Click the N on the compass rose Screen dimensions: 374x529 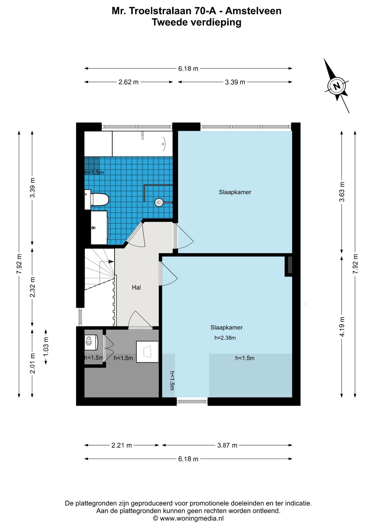[337, 86]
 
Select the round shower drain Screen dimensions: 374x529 [159, 203]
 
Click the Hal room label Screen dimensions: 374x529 [136, 287]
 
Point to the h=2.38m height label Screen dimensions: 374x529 [225, 338]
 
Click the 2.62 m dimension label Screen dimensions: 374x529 [128, 82]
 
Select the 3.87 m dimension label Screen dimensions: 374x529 [227, 445]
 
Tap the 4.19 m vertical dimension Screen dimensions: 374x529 [342, 326]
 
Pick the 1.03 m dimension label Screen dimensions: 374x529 [46, 346]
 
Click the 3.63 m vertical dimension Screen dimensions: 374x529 [342, 192]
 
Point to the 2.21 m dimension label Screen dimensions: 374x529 [121, 445]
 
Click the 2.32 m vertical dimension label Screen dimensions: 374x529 [32, 287]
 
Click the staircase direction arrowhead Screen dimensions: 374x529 [111, 261]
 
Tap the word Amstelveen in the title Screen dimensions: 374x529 [253, 11]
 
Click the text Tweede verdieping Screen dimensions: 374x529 [197, 22]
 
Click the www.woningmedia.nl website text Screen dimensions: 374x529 [192, 518]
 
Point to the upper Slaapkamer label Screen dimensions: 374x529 [235, 192]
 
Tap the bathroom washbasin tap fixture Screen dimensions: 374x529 [94, 228]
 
